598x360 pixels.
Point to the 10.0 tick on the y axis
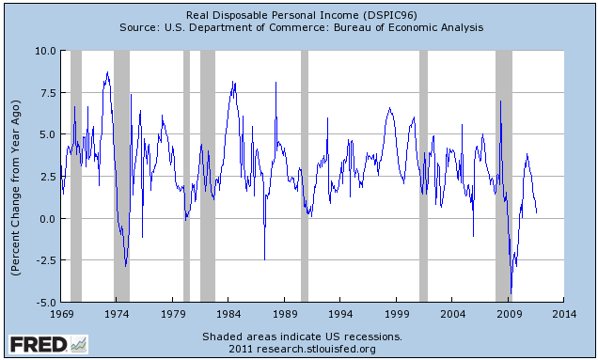click(x=44, y=50)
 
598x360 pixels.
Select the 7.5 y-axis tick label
click(x=46, y=92)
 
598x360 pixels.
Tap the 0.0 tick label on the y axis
click(x=46, y=219)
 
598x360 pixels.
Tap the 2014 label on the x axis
click(x=565, y=314)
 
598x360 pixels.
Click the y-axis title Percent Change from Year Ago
click(x=16, y=177)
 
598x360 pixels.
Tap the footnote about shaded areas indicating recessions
click(x=301, y=337)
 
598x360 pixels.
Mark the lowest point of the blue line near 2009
click(x=511, y=293)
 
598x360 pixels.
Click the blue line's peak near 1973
click(x=107, y=72)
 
